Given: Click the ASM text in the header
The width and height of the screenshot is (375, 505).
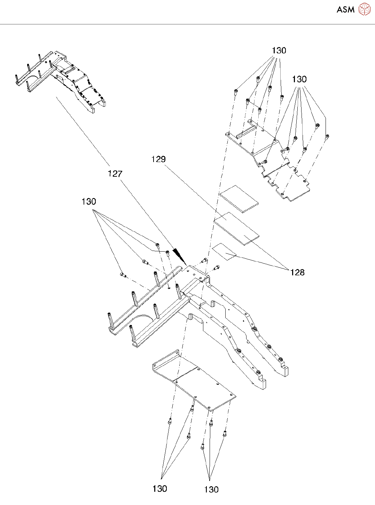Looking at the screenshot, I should point(345,10).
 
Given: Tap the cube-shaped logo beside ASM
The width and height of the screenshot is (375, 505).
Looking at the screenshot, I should point(364,9).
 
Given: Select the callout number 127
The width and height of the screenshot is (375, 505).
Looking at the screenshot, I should point(115,174).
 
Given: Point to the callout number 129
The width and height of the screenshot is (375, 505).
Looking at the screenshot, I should point(158,159).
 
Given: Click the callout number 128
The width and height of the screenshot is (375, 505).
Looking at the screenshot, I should point(297,272).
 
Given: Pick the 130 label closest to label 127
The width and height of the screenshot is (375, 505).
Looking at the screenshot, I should point(89,201).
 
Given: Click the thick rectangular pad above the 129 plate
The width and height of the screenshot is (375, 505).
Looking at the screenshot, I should point(239,198).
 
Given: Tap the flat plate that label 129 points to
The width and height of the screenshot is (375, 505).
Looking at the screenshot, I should point(237,229).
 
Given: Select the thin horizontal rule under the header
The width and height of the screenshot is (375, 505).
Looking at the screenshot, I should point(187,24).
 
